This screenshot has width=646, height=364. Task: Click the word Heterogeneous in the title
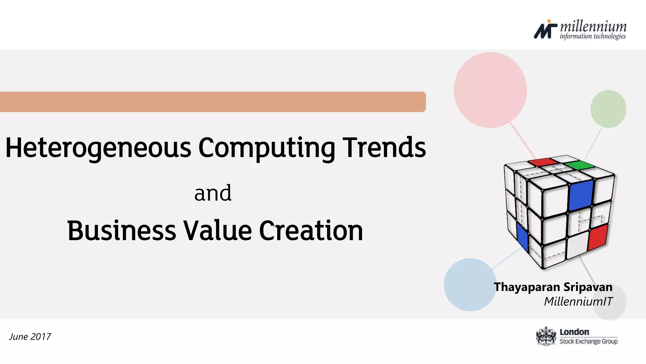point(98,148)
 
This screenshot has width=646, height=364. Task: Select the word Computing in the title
point(267,148)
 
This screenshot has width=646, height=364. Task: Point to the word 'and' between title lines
point(213,193)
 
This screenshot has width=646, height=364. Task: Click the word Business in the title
point(121,230)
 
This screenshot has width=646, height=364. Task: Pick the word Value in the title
point(218,230)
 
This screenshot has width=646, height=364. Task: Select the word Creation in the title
point(311,230)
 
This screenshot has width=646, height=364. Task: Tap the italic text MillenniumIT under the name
point(578,301)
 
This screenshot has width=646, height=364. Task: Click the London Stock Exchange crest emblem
point(546,337)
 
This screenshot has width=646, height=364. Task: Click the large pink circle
point(490,90)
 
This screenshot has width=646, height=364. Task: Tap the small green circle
point(608,109)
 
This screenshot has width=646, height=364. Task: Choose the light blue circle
point(470,285)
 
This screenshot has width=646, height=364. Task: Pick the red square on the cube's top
point(543,162)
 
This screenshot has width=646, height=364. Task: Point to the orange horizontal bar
point(213,102)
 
